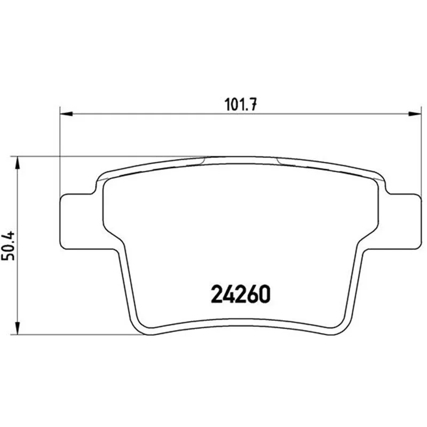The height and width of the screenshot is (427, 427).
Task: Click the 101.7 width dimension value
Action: (240, 104)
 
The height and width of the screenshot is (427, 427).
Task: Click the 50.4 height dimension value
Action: (8, 246)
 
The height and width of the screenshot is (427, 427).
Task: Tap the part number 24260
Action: (241, 294)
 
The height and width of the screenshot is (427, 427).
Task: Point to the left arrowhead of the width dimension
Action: (66, 114)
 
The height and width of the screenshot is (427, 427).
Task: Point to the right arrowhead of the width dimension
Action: (414, 114)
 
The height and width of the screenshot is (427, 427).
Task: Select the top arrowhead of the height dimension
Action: (18, 163)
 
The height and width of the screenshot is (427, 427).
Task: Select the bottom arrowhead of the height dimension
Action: (18, 328)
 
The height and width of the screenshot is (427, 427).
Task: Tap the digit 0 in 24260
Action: (264, 294)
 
